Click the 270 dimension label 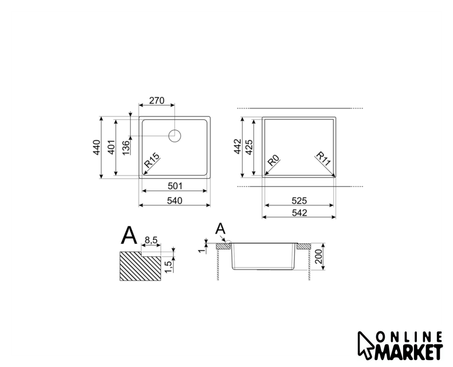point(157,100)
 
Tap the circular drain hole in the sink point(174,136)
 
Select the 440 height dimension point(97,147)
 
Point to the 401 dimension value point(111,147)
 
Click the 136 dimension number point(126,147)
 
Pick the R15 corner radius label point(152,161)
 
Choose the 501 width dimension point(175,186)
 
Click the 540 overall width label point(174,201)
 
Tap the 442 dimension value point(237,146)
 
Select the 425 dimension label point(249,147)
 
